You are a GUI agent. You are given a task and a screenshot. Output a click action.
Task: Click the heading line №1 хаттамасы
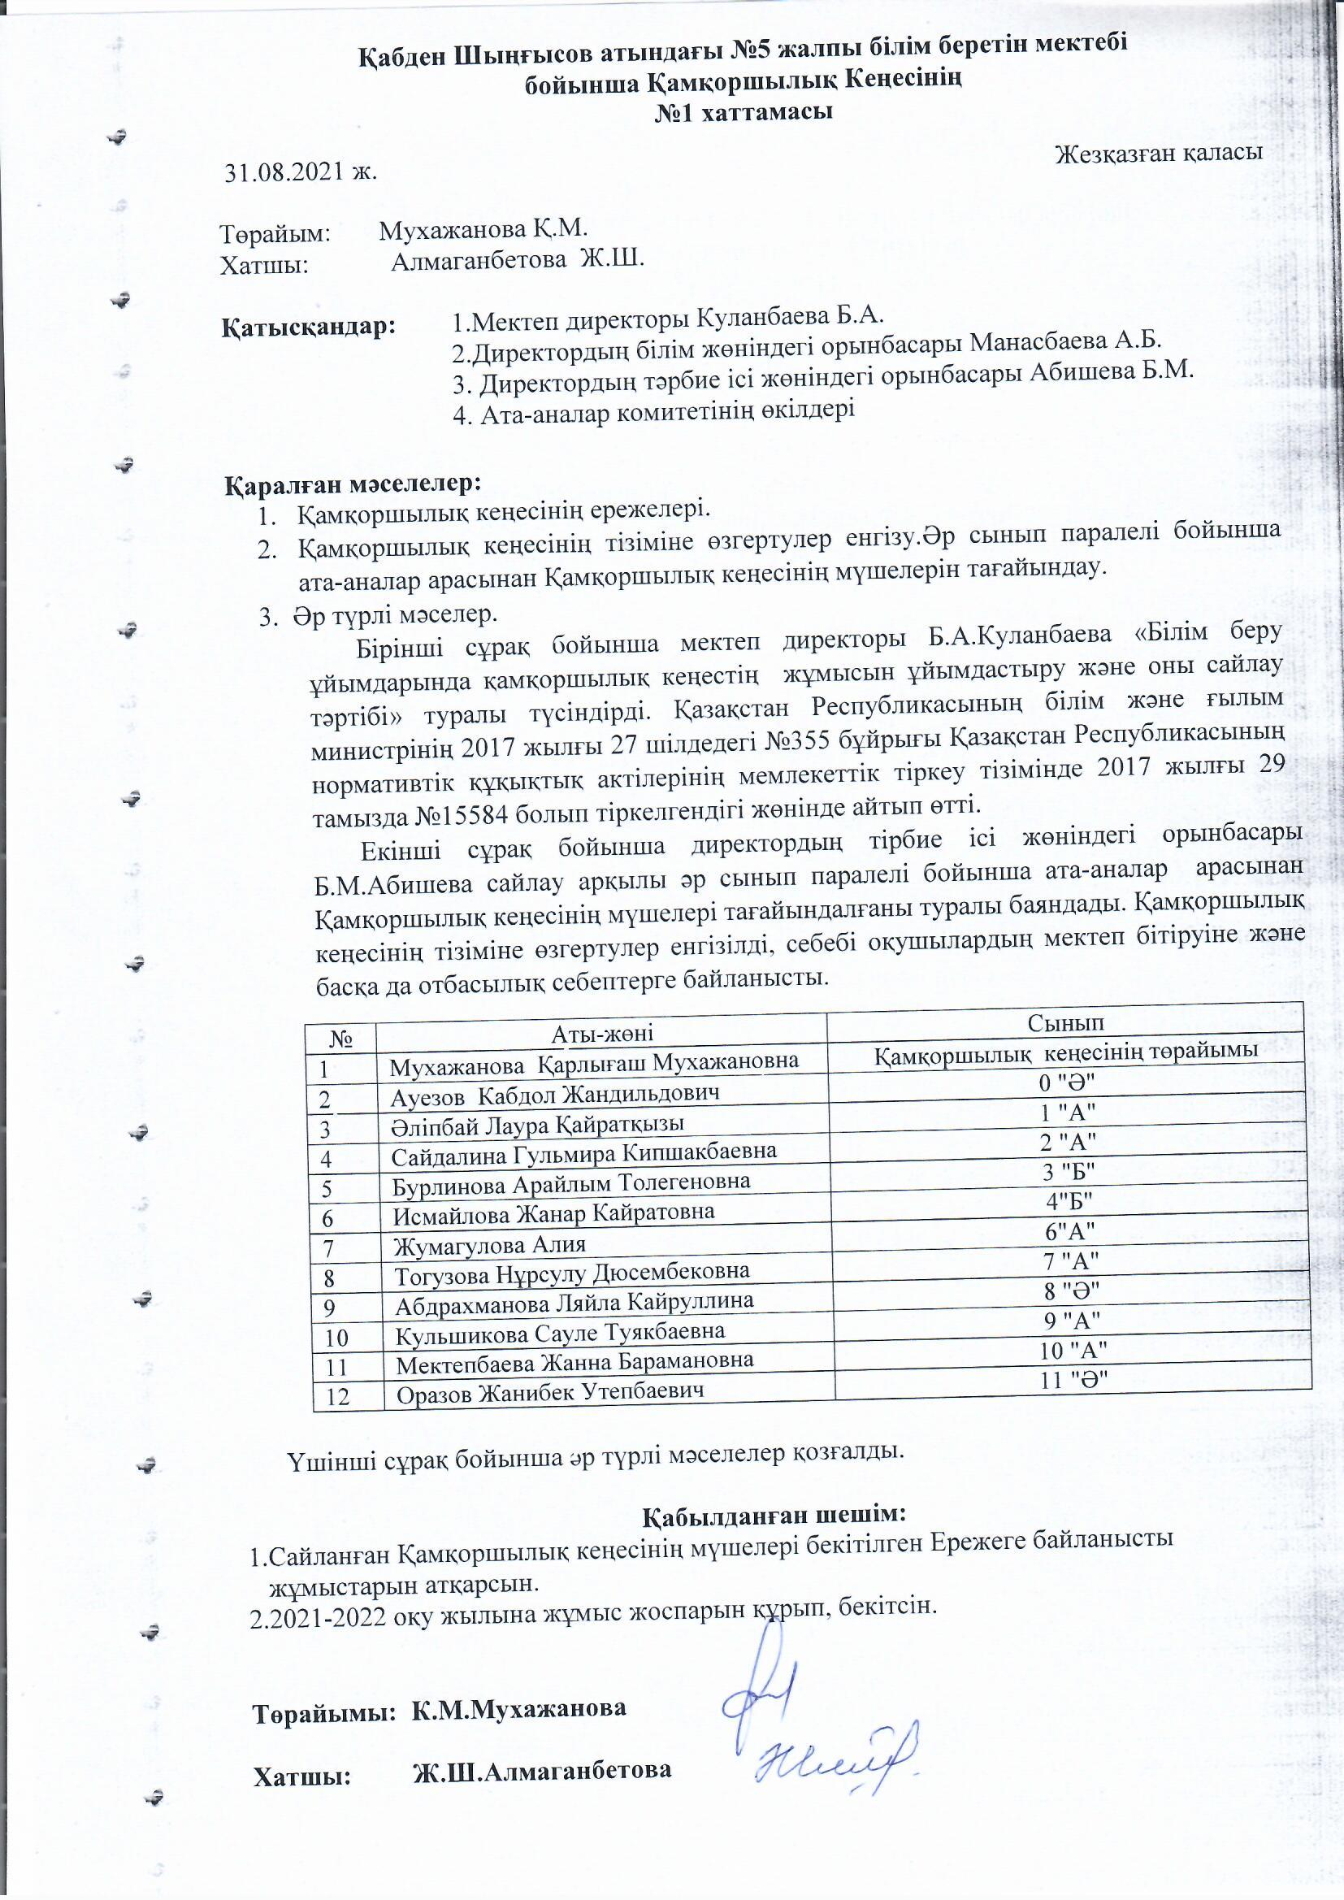743,112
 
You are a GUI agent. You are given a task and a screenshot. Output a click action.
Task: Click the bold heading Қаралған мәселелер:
353,482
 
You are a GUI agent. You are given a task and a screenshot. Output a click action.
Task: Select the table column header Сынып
1065,1022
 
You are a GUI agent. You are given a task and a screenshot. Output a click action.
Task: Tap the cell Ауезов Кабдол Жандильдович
554,1094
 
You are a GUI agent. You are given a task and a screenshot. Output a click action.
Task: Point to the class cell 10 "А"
1073,1351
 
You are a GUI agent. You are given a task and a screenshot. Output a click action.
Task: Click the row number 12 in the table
338,1397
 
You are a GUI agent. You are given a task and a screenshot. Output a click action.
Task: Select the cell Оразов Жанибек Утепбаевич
550,1393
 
